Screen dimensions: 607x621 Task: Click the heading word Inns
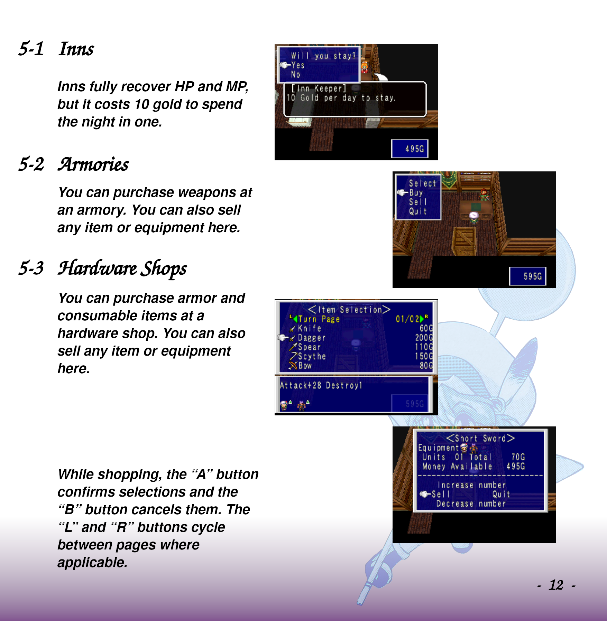click(76, 49)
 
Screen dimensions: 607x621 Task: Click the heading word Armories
click(93, 164)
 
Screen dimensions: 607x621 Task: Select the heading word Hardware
click(98, 268)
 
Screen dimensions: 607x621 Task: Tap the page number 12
click(556, 585)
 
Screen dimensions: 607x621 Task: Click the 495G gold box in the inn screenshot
click(410, 149)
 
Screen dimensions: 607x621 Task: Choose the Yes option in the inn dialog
click(298, 65)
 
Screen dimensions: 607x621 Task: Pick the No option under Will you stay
click(296, 74)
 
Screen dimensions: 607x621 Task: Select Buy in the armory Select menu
click(416, 193)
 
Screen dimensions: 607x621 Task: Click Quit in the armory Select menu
click(418, 211)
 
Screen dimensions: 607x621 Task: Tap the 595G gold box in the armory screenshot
click(528, 276)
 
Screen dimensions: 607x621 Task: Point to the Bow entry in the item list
click(305, 366)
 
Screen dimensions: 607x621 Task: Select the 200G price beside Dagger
click(424, 337)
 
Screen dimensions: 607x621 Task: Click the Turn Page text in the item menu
click(319, 319)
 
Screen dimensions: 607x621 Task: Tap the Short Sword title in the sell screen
click(481, 438)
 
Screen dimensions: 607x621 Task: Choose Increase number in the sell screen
click(472, 485)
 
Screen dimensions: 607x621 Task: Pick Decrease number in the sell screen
click(471, 504)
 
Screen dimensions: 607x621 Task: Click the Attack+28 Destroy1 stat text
click(321, 385)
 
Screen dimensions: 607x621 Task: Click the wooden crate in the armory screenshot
click(464, 240)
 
